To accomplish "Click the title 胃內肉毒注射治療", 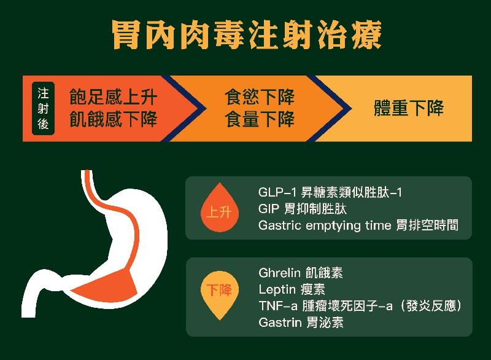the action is coord(247,34).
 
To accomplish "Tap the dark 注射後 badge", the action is coord(43,108).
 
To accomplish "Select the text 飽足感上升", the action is coord(113,97).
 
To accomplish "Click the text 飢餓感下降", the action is coord(113,119).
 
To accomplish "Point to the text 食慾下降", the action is coord(260,97).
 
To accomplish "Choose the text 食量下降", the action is coord(260,119).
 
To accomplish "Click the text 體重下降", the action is coord(409,108).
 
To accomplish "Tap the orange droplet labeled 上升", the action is coord(220,208).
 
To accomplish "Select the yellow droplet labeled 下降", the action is coord(220,295).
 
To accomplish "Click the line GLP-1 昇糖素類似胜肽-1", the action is coord(330,192).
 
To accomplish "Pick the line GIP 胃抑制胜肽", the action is coord(303,209).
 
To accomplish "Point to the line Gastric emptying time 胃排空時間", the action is coord(358,225).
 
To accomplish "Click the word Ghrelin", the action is coord(280,273).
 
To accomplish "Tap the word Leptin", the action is coord(277,289).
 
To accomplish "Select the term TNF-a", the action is coord(278,306).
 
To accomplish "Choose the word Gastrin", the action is coord(280,323).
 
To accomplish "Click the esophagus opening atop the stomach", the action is coord(87,172).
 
